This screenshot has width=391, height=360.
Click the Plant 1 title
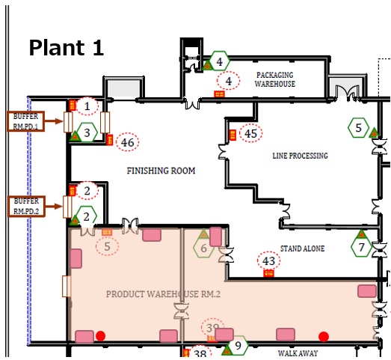pos(67,48)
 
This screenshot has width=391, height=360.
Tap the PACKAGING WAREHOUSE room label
pos(275,79)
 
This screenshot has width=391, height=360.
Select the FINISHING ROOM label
pos(161,171)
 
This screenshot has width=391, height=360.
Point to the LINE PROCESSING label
pos(300,156)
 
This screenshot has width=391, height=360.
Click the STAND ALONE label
pos(303,248)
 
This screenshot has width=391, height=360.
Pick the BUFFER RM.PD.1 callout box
pos(26,121)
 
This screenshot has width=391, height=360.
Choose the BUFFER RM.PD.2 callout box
pos(26,207)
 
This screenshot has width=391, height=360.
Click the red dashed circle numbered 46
pos(127,141)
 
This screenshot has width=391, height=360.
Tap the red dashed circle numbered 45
pos(251,133)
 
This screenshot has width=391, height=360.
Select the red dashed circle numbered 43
pos(268,260)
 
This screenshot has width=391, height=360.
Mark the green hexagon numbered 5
pos(358,127)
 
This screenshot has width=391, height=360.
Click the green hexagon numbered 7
pos(361,247)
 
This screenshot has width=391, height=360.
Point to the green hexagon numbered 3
pos(87,132)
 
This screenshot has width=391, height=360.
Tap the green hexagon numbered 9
pos(238,346)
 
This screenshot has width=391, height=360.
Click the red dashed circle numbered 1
pos(87,106)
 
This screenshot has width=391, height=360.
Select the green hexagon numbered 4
pos(220,61)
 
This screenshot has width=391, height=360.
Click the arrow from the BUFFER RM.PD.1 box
pos(54,121)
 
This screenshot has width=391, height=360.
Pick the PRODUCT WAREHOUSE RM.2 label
pos(163,294)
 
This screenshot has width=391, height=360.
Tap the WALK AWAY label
pos(298,353)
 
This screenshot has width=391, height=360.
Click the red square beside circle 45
pos(233,135)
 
